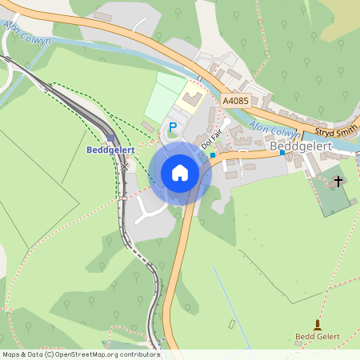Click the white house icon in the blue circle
[180, 173]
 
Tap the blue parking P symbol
[172, 127]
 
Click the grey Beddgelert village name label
[299, 147]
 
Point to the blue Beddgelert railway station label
[109, 150]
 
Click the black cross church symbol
[338, 182]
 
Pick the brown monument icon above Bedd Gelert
[318, 324]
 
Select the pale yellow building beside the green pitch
[191, 101]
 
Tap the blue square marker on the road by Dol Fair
[213, 154]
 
